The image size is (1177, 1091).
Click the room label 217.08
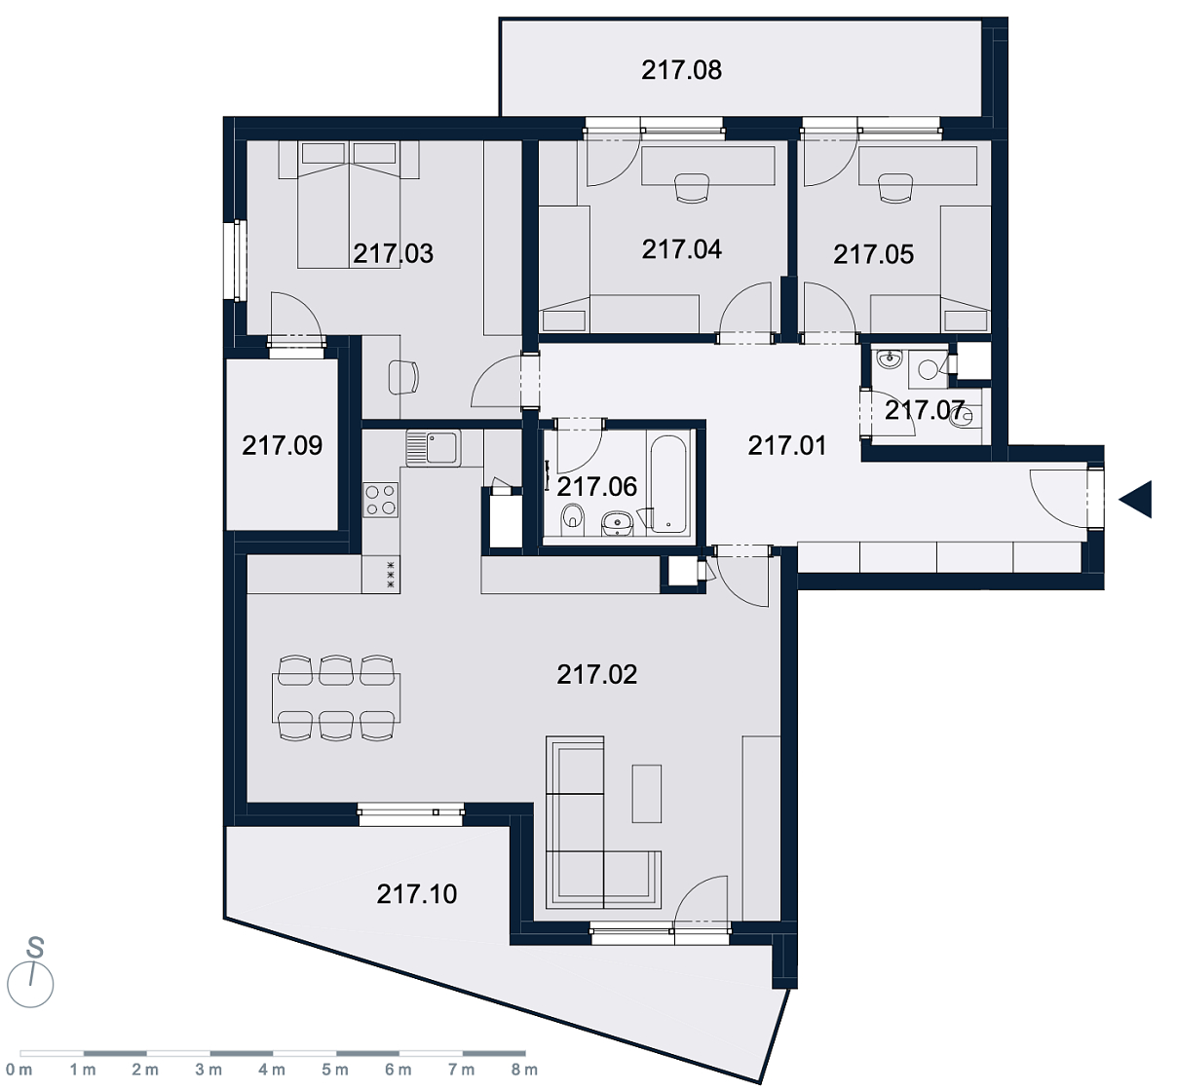tap(681, 70)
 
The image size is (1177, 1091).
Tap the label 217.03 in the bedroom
tap(393, 253)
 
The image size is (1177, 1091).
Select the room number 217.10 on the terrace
tap(417, 894)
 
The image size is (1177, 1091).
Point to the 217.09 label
tap(283, 445)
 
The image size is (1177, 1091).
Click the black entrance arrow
tap(1135, 500)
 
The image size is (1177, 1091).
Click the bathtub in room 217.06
tap(669, 484)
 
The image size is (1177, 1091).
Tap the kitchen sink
tap(433, 447)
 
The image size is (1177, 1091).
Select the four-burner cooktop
tap(381, 500)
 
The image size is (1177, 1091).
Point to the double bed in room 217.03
tap(349, 205)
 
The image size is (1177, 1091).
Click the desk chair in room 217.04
tap(692, 188)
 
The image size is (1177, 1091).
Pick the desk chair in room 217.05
tap(894, 188)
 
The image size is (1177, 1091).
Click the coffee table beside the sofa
tap(647, 794)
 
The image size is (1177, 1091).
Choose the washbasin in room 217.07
tap(890, 359)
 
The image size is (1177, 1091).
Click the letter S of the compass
tap(35, 948)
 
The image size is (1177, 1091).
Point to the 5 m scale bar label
tap(335, 1070)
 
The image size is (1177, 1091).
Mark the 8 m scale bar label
tap(524, 1070)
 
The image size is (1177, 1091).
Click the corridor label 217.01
tap(786, 445)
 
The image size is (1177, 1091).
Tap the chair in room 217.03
tap(403, 377)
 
